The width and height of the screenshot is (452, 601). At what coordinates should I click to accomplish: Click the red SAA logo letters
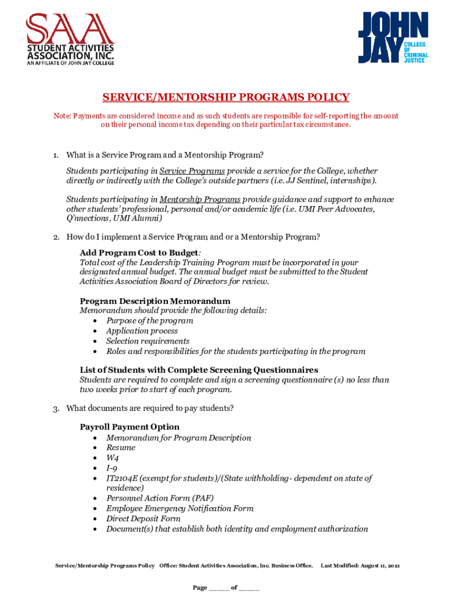pyautogui.click(x=69, y=28)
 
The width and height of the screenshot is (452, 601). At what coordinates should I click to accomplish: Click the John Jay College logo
pyautogui.click(x=393, y=38)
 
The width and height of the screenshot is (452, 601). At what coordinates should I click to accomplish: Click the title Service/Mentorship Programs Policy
pyautogui.click(x=226, y=97)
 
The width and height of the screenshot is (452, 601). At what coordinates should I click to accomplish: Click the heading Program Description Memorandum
pyautogui.click(x=155, y=301)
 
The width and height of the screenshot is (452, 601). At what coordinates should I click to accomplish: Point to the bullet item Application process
pyautogui.click(x=141, y=331)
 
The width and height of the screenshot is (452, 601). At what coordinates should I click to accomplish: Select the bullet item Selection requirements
pyautogui.click(x=147, y=341)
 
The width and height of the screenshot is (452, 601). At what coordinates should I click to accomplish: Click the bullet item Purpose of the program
pyautogui.click(x=149, y=321)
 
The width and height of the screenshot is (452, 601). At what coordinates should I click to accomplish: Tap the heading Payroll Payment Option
pyautogui.click(x=130, y=427)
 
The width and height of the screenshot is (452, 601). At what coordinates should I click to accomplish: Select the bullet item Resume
pyautogui.click(x=120, y=448)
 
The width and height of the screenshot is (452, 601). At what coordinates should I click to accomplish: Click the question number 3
pyautogui.click(x=56, y=408)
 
